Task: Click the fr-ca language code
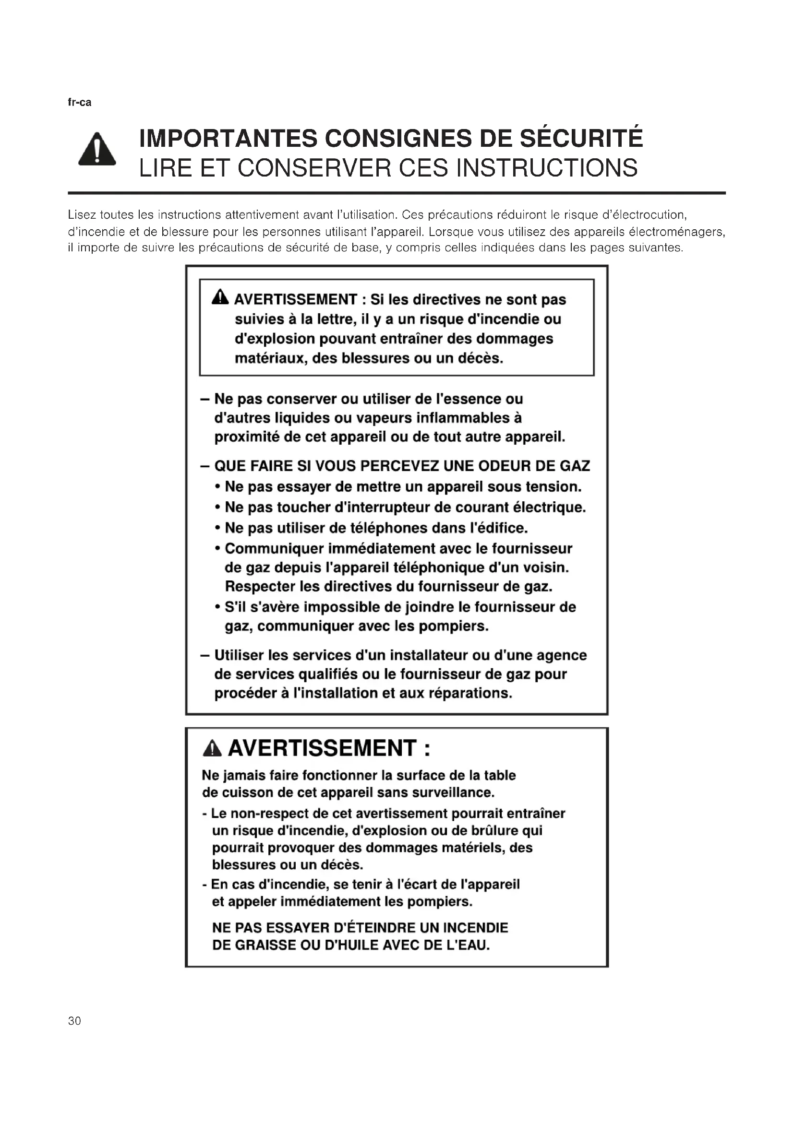[x=79, y=103]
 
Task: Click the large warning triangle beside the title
[x=97, y=150]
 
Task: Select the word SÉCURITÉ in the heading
[x=581, y=138]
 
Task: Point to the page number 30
[x=75, y=1021]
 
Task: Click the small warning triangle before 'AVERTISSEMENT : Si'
[x=220, y=297]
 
